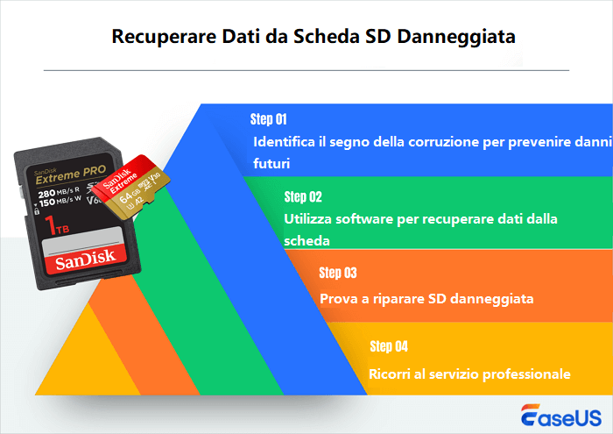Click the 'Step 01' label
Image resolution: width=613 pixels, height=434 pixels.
coord(269,118)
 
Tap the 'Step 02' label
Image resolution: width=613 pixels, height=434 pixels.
coord(303,196)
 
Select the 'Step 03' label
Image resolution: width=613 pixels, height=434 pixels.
coord(338,272)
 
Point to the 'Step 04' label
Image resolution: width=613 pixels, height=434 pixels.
coord(389,345)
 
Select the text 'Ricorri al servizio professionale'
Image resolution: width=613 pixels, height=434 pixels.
coord(469,374)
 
